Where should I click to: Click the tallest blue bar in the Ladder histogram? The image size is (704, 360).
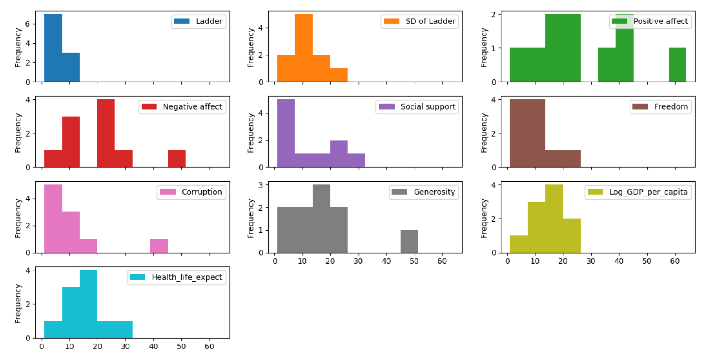tap(53, 48)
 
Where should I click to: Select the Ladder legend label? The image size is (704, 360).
tap(209, 21)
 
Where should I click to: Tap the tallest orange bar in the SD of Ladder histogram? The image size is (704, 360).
tap(304, 48)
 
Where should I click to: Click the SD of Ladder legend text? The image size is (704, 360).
tap(430, 21)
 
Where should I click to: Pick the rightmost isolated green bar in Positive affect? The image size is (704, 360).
tap(677, 65)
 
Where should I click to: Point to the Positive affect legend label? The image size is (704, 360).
tap(660, 21)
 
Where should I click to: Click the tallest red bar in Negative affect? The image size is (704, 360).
tap(106, 133)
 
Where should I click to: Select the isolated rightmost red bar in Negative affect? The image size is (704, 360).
tap(176, 159)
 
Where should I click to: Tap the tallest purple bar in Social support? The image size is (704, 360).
tap(286, 133)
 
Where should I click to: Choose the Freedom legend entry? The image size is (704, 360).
tap(671, 107)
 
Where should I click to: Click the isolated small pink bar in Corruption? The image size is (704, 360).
tap(159, 246)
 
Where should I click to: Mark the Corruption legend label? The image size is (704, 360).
tap(201, 192)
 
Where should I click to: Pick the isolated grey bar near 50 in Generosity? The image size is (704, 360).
tap(409, 241)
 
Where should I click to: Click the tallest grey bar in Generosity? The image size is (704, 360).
tap(321, 218)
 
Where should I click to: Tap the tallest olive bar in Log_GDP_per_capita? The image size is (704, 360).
tap(554, 218)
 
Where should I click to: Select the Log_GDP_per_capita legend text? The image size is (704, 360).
tap(648, 192)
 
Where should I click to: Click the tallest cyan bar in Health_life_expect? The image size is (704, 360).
tap(88, 304)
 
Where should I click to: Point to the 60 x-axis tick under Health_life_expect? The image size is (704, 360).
tap(209, 347)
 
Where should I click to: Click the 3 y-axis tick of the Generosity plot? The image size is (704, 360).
tap(262, 185)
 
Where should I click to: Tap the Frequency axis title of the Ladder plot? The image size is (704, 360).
tap(18, 48)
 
